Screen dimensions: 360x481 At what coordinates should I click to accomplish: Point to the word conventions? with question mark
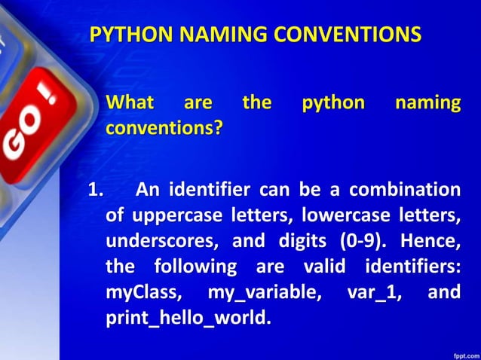(x=164, y=128)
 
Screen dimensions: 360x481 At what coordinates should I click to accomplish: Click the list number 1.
(x=96, y=189)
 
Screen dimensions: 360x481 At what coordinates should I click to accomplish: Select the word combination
(x=405, y=189)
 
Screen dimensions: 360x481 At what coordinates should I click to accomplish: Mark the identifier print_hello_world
(x=186, y=319)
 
